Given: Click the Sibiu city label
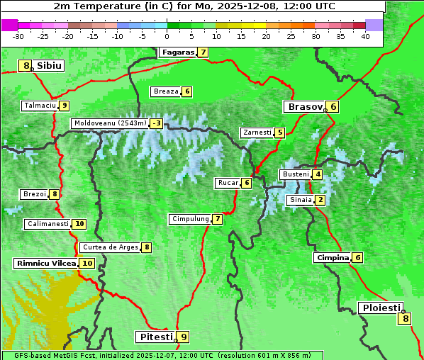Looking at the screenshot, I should pos(50,66).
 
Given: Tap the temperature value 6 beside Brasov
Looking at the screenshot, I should pos(333,107).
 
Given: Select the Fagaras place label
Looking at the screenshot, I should pos(177,52).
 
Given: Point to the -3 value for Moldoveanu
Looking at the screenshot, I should pos(156,123).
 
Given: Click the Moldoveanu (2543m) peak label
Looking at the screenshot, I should pos(109,123).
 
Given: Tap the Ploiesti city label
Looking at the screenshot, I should pos(380,308).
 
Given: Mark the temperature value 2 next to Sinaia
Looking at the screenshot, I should pos(320,200).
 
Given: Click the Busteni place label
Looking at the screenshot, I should pos(295,174).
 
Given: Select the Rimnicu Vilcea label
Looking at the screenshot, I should pos(45,263).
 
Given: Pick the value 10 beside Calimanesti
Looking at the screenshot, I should pos(79,224).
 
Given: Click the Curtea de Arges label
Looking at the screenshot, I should pos(108,247).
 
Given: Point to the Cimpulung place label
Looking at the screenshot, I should pos(189,219).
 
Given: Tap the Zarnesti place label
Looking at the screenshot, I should pos(256,133).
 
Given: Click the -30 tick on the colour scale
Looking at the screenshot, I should pos(18,36).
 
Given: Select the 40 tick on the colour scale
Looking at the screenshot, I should pos(365,36).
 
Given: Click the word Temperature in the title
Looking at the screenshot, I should pos(115,6).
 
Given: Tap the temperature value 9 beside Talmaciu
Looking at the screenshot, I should pos(64,106).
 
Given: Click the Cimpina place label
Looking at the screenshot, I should pos(332,258).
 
